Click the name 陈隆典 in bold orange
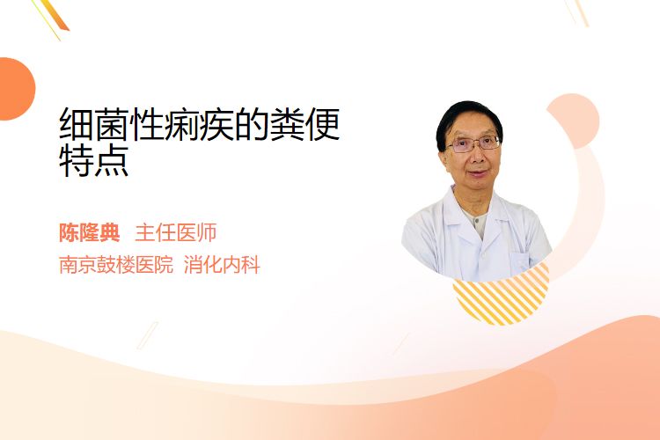pos(89,233)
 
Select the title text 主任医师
pos(176,233)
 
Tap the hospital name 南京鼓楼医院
pos(116,265)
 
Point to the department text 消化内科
pos(222,265)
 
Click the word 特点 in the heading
pos(94,160)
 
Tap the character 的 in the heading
pos(253,124)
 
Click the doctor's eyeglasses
pos(473,144)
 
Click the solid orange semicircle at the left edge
pos(16,89)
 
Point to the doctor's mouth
pos(479,173)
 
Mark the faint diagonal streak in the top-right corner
pos(577,12)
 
